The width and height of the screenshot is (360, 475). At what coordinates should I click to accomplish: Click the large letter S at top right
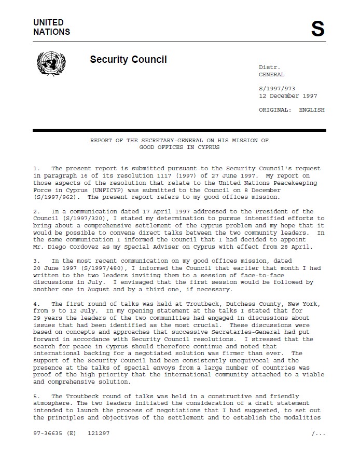click(317, 30)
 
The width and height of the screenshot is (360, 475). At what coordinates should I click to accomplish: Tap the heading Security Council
click(128, 59)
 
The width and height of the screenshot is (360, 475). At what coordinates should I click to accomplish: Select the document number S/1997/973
click(277, 89)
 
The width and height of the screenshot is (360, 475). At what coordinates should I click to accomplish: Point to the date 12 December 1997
click(288, 96)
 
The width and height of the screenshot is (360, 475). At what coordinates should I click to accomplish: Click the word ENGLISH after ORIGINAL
click(311, 110)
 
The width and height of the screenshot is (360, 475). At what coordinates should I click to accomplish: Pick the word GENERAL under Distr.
click(272, 75)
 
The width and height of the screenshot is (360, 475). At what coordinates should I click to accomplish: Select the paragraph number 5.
click(35, 396)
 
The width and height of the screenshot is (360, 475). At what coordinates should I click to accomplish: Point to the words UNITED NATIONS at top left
click(51, 27)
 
